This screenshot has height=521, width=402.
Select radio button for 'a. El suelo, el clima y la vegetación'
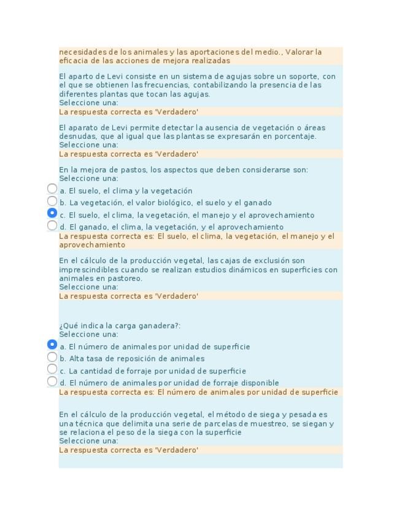pos(52,189)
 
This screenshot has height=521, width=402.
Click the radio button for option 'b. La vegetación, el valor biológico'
pos(52,202)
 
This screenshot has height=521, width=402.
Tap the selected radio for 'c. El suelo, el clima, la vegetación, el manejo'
pos(52,213)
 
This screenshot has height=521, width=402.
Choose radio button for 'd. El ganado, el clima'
pos(52,225)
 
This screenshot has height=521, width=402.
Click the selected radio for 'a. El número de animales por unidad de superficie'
pos(52,345)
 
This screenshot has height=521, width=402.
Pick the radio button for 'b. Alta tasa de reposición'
pos(52,357)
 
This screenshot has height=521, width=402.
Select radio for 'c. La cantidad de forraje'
pos(52,369)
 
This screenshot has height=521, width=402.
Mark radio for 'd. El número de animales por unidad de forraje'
pos(52,382)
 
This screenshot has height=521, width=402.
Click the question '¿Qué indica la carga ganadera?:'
pos(120,326)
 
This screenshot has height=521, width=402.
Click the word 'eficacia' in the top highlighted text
pos(71,61)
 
